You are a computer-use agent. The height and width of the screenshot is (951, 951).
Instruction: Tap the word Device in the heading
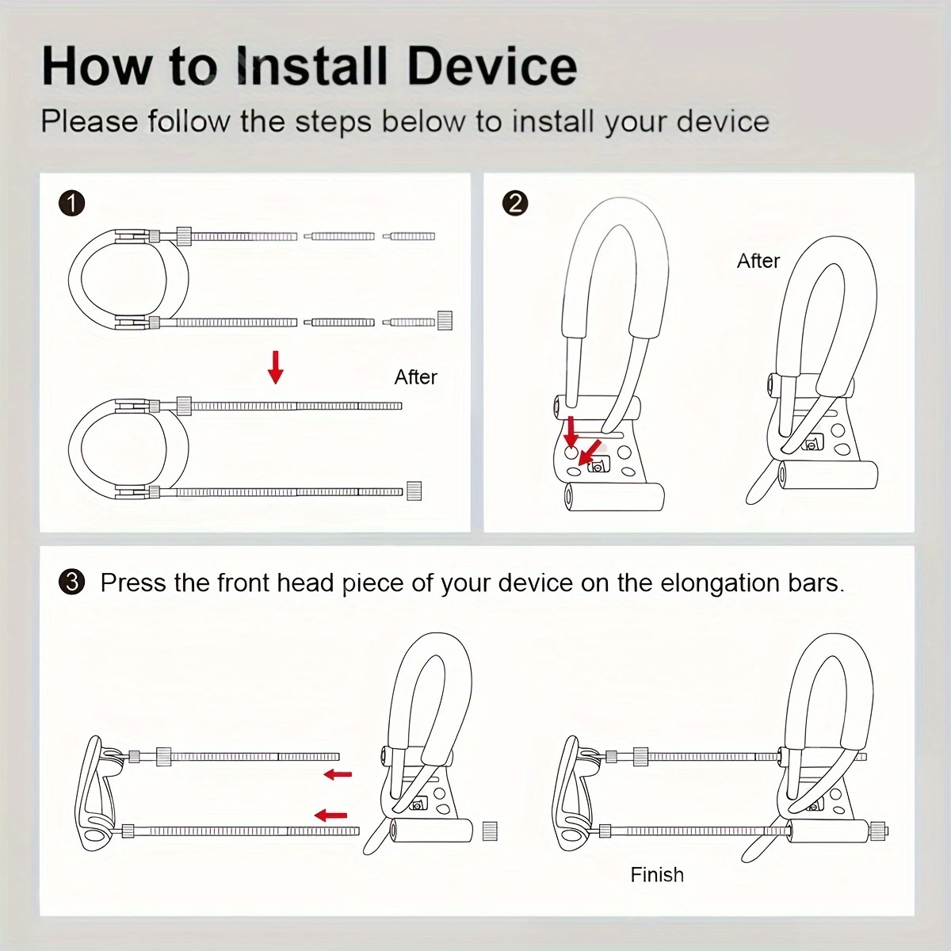(492, 66)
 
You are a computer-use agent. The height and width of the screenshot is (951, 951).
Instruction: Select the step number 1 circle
(71, 204)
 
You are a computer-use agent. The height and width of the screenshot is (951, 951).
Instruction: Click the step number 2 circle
(515, 204)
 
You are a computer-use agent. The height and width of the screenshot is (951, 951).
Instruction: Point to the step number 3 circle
(71, 582)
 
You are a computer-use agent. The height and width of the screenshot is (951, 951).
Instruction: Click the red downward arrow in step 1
(275, 367)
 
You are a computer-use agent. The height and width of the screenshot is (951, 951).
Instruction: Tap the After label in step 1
(415, 377)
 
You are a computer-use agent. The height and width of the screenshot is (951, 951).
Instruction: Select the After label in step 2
(758, 261)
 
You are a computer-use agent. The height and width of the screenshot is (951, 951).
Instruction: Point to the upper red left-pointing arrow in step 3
(338, 774)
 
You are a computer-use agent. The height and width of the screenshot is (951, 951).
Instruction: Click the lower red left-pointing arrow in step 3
(330, 815)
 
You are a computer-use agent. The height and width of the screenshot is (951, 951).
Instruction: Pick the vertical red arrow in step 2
(571, 433)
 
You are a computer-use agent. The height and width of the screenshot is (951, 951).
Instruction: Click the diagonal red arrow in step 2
(590, 453)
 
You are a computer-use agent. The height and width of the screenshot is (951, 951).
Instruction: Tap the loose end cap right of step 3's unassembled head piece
(490, 831)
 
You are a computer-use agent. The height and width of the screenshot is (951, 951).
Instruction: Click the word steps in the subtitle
(333, 121)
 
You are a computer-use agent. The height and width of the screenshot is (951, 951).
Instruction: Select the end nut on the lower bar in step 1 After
(414, 491)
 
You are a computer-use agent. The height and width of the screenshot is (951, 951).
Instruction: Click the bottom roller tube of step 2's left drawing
(614, 496)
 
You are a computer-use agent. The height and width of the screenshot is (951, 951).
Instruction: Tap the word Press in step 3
(133, 582)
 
